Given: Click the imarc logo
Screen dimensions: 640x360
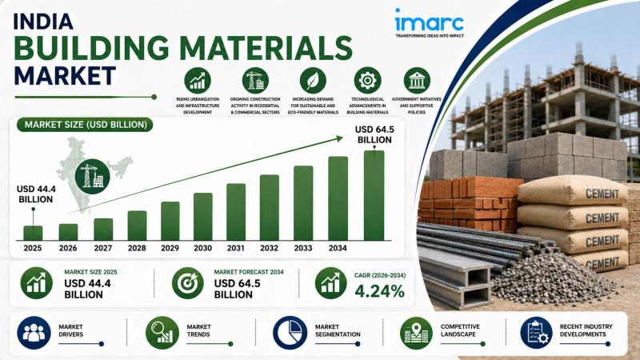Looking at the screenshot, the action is pos(430,23).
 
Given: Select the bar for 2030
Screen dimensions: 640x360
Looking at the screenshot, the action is pos(203,216).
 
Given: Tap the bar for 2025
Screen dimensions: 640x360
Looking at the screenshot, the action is pos(33,233).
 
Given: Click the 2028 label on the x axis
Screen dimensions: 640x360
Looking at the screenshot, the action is pos(137,248).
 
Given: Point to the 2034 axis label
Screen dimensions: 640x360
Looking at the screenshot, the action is pos(338,248).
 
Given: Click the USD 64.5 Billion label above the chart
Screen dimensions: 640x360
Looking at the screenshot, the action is pos(374,134).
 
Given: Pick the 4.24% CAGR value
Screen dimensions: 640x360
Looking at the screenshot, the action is pos(379,291).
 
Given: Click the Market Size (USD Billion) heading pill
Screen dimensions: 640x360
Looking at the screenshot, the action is pos(86,125).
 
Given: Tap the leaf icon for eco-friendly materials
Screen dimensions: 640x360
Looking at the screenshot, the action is pos(313,81).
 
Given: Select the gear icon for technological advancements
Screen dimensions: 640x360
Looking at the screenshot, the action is pos(367,81).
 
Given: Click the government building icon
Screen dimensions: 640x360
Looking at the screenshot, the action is pos(417,81).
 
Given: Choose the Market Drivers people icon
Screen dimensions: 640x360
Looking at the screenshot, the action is pos(34,333).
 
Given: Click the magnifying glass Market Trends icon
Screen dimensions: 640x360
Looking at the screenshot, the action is pos(162,333).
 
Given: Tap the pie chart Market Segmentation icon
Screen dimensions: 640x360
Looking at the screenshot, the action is pos(290,333).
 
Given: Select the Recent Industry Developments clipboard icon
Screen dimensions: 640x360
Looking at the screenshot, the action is pos(537,333).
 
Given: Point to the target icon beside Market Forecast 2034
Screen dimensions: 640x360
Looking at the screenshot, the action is pos(188,283).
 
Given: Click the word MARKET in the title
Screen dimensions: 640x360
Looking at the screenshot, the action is pos(65,75).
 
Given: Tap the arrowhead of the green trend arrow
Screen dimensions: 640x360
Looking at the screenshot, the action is pos(338,138).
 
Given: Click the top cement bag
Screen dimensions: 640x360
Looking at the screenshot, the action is pos(571,190).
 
